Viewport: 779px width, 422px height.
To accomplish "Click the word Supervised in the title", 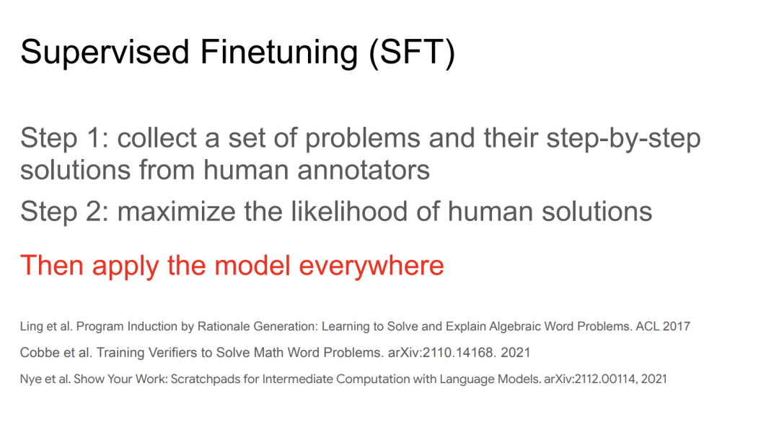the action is click(105, 53).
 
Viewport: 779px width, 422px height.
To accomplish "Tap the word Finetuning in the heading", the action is click(278, 53).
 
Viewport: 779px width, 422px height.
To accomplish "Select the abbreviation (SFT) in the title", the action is click(412, 53).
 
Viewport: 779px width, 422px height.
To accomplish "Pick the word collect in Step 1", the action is click(157, 138).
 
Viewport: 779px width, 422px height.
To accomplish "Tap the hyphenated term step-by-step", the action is click(623, 139).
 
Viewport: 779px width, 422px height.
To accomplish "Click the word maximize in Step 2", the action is click(177, 211).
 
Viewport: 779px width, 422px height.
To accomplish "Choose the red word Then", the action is click(52, 265).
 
